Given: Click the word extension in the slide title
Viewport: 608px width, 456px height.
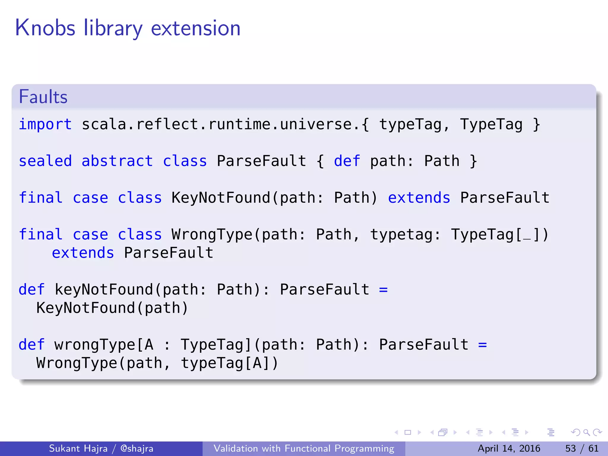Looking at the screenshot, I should click(x=196, y=28).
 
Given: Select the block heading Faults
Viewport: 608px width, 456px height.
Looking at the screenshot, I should click(x=43, y=97).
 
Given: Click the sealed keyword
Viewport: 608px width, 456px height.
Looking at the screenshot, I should click(x=45, y=161).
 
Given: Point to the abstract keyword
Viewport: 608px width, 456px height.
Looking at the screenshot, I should click(x=117, y=161).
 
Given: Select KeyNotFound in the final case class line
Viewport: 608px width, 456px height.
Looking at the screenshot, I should click(x=221, y=198).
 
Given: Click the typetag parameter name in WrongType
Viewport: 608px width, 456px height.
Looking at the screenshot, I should click(x=401, y=235).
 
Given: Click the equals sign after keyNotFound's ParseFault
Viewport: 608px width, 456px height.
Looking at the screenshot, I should click(x=383, y=289).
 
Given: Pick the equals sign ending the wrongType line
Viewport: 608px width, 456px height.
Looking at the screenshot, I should click(x=482, y=345).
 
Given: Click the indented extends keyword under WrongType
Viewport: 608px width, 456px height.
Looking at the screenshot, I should click(x=83, y=253).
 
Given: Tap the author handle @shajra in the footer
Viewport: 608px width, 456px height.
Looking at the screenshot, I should click(x=137, y=448).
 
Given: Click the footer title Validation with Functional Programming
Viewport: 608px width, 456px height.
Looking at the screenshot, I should click(x=304, y=448).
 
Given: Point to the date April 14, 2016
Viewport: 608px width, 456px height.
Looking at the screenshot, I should click(x=509, y=448).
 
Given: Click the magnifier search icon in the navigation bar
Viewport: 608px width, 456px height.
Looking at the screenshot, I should click(x=586, y=432).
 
